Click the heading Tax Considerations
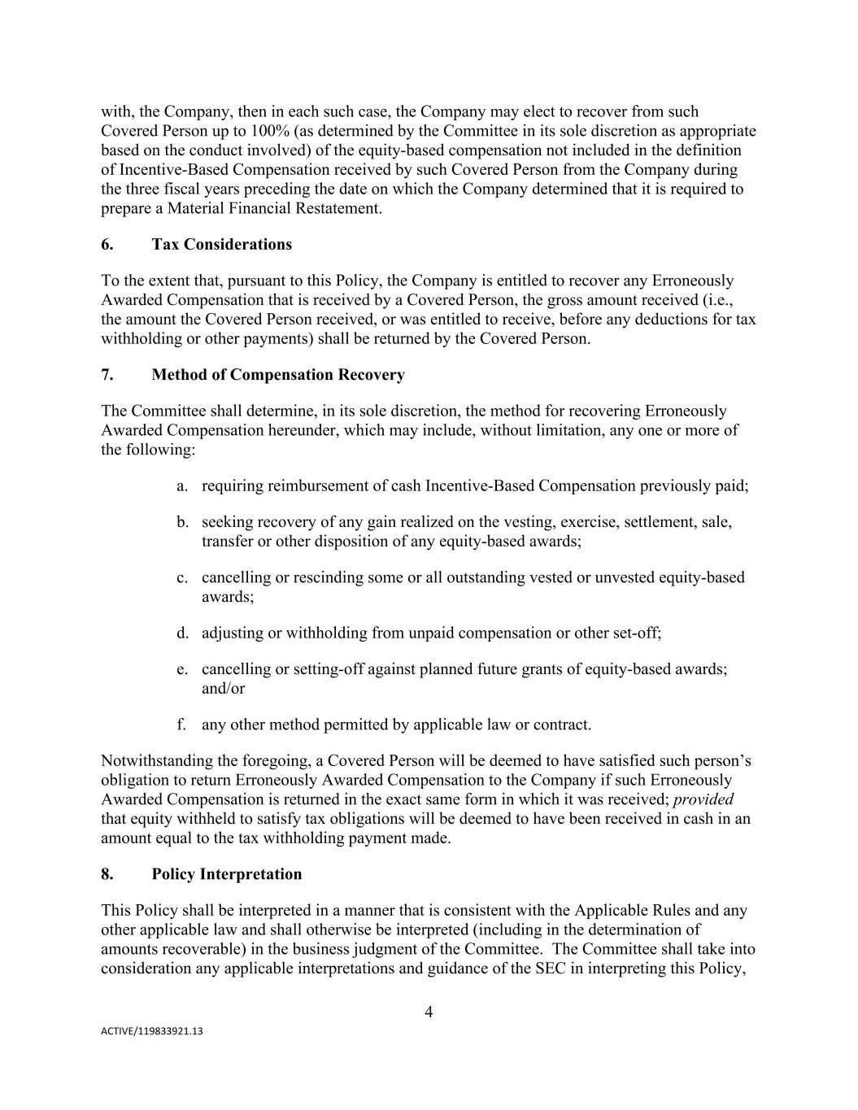(x=221, y=245)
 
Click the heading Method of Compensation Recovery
(x=277, y=375)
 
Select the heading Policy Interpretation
(x=226, y=874)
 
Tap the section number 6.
(x=107, y=245)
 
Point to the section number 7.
(x=107, y=375)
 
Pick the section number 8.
(x=107, y=874)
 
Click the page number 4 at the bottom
(x=429, y=1012)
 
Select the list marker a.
(x=182, y=486)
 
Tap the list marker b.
(x=182, y=522)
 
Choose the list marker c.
(x=182, y=577)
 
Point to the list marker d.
(x=182, y=633)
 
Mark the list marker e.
(x=182, y=668)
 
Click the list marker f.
(x=182, y=725)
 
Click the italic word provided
(x=703, y=799)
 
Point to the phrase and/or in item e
(x=223, y=688)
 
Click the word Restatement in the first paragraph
(x=338, y=209)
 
